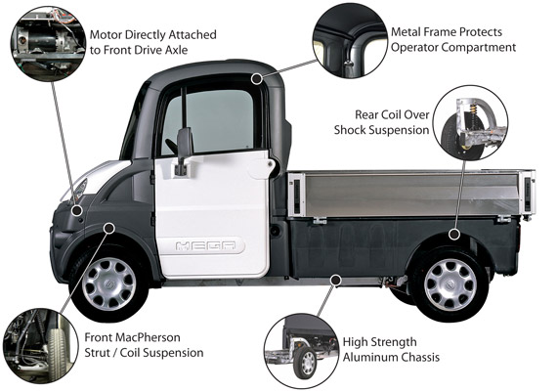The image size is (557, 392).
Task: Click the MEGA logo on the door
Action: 205,245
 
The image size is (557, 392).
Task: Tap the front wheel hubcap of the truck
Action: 109,283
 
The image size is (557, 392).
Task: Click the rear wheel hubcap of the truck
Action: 450,284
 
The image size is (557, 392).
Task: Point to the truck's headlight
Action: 75,191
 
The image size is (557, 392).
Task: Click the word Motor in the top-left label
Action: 106,35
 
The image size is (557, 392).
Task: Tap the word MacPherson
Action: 150,337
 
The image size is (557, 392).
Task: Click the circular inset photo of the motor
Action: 48,43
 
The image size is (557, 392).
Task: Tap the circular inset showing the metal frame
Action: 350,41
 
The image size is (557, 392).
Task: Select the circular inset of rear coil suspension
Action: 471,123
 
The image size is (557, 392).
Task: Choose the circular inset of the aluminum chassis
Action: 302,351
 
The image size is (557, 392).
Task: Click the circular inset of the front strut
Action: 41,346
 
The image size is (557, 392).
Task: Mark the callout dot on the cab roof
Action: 256,79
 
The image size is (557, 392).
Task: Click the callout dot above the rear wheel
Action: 454,235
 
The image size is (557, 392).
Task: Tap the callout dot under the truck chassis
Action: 335,281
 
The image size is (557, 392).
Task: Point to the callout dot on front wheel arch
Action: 109,228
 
